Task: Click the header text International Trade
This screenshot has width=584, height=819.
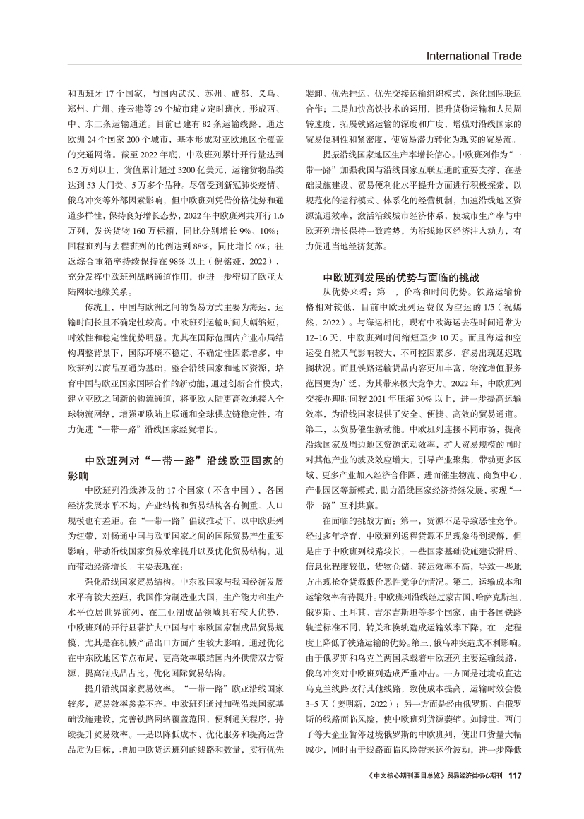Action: click(474, 56)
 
